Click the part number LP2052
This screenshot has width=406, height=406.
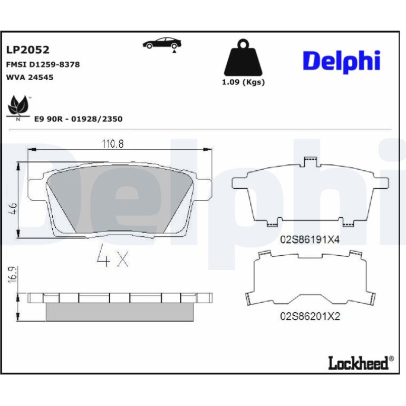tap(28, 50)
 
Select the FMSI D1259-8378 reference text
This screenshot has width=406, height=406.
tap(43, 64)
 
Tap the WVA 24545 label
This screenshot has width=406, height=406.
tap(30, 78)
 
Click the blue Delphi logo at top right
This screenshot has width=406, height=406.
tap(342, 62)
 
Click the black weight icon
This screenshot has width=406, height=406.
tap(243, 57)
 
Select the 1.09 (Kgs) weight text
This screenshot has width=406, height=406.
tap(244, 82)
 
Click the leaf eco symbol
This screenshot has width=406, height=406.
tap(18, 108)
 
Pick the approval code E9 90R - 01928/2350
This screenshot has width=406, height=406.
tap(79, 119)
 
